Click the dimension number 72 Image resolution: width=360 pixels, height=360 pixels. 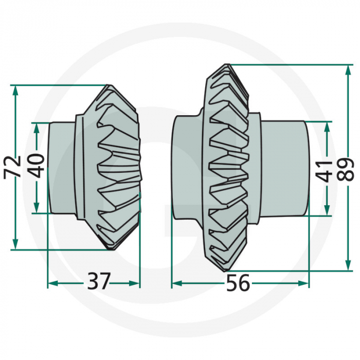coord(13,166)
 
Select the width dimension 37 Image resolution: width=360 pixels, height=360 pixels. coord(98,282)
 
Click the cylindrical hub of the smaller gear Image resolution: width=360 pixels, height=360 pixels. coord(62,167)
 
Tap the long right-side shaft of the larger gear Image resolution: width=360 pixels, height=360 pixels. coord(283,167)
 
